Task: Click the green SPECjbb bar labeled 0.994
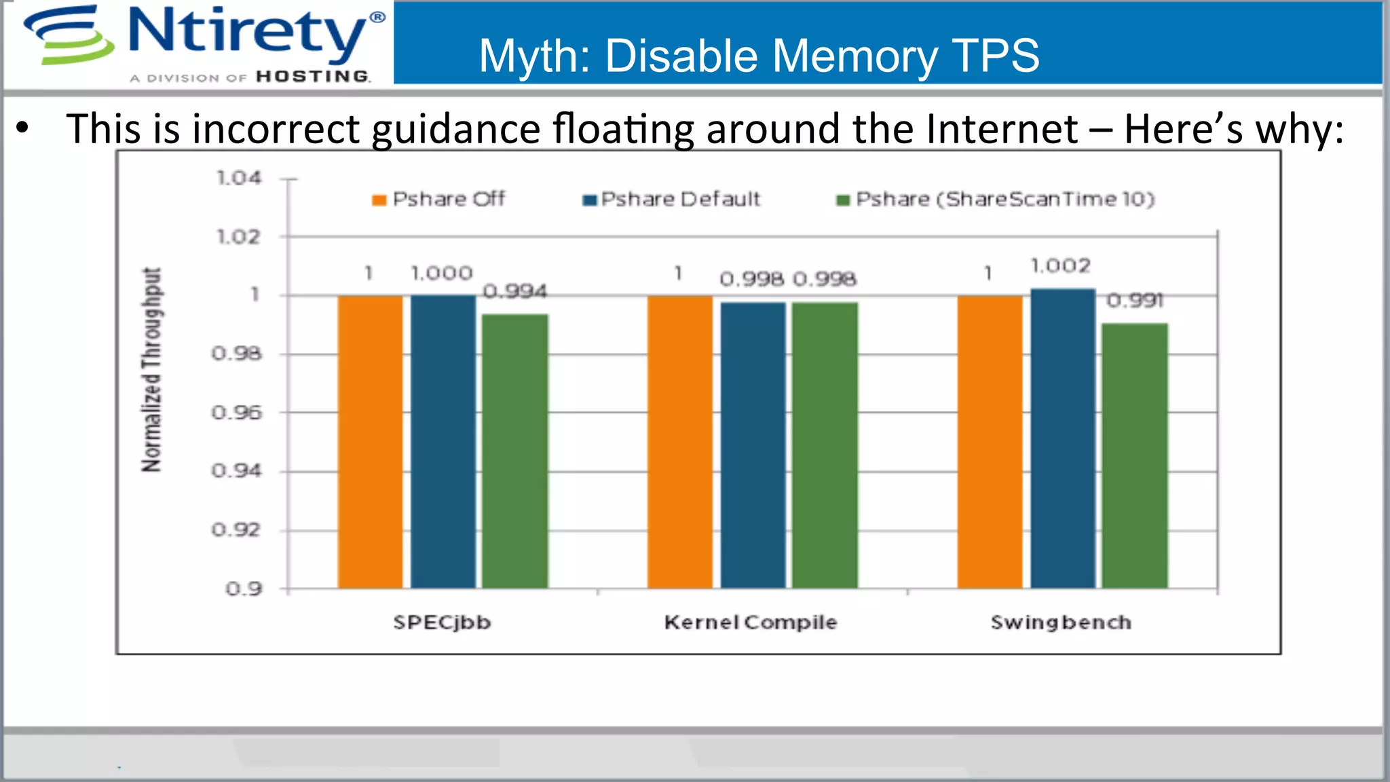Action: [x=515, y=451]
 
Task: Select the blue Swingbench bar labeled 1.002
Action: [x=1063, y=438]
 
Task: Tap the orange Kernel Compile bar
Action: [x=679, y=441]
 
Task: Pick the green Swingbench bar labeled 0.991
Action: [x=1135, y=455]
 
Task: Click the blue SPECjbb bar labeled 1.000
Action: [x=443, y=441]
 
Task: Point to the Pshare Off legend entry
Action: [x=439, y=199]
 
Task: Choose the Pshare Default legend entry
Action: [x=672, y=199]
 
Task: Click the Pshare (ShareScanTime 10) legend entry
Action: [x=996, y=199]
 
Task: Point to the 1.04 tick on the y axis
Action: [x=238, y=178]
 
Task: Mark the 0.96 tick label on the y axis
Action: [x=236, y=412]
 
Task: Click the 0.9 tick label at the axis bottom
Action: [x=244, y=589]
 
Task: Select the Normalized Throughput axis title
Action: [x=152, y=370]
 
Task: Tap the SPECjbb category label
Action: [x=442, y=622]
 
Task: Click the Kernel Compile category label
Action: [x=751, y=622]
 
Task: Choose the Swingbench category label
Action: [x=1061, y=622]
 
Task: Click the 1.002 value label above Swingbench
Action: [x=1060, y=265]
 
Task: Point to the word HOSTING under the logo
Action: [x=313, y=77]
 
